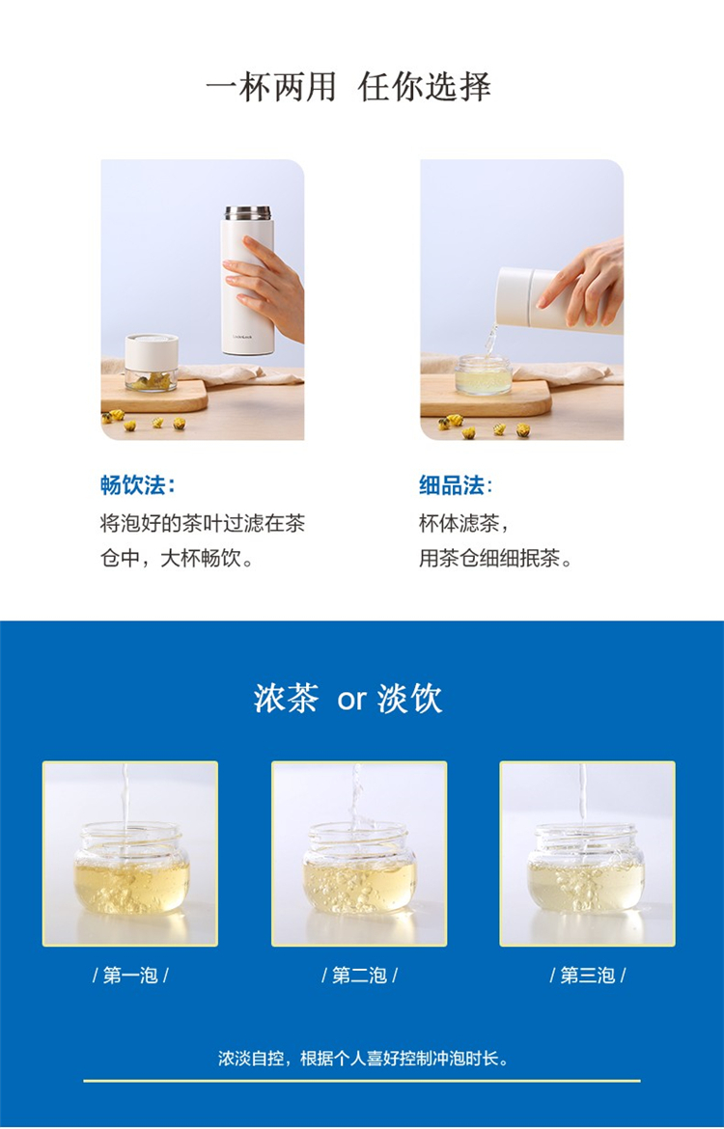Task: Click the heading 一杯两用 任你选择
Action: [x=348, y=88]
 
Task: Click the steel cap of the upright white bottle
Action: [x=247, y=213]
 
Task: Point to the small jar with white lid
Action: [x=152, y=362]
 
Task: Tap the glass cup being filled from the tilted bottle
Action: [x=484, y=374]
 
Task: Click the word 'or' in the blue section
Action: [x=351, y=701]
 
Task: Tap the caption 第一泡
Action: [x=130, y=976]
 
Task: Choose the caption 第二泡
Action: [x=359, y=976]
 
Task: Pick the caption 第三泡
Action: [x=588, y=976]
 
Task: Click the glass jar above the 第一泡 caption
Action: [x=131, y=868]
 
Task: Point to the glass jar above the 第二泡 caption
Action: [x=359, y=868]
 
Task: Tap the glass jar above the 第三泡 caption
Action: [x=586, y=868]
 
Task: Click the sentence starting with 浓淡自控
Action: [x=363, y=1059]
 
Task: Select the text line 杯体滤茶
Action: [x=464, y=523]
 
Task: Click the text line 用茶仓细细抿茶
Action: [x=495, y=558]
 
